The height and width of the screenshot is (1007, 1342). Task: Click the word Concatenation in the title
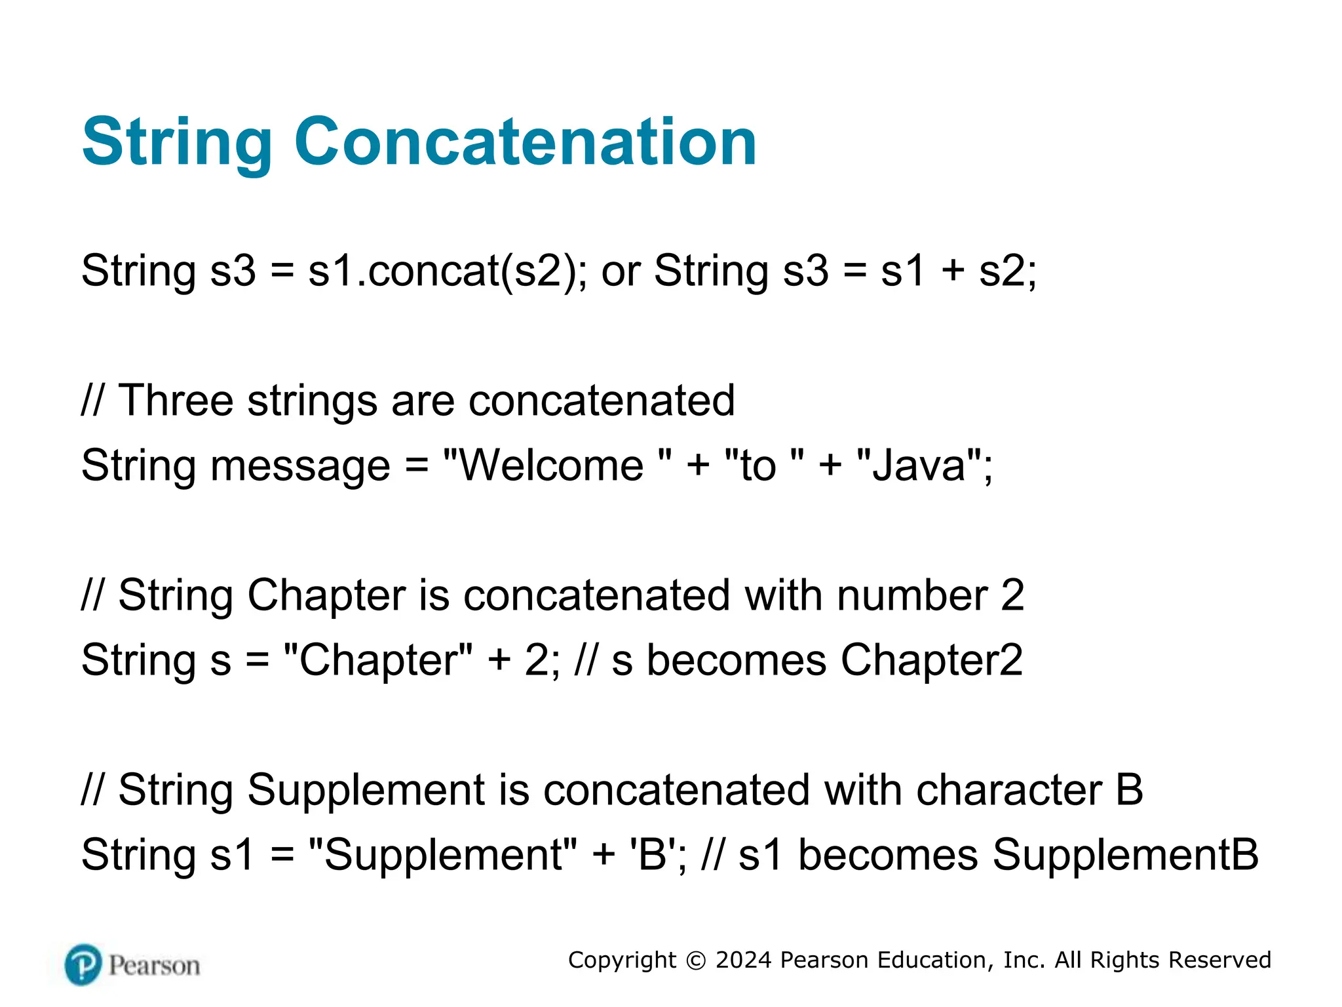click(x=525, y=142)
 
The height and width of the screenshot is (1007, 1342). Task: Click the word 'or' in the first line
click(x=621, y=271)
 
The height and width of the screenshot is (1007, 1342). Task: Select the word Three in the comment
click(x=176, y=400)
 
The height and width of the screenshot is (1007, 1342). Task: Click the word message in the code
click(x=300, y=467)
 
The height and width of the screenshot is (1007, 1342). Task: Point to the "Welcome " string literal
click(x=558, y=465)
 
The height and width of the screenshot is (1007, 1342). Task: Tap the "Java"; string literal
click(x=925, y=465)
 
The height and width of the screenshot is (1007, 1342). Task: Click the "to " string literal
click(x=764, y=465)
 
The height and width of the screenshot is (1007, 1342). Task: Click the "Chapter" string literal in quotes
click(x=378, y=660)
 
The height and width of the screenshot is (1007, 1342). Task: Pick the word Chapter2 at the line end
click(x=931, y=660)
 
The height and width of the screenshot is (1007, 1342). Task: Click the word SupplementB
click(x=1125, y=854)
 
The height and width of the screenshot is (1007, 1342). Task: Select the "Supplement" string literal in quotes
click(x=442, y=854)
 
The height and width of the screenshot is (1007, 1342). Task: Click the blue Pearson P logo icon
click(x=84, y=965)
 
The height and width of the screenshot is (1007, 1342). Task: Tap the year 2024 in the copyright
click(x=744, y=960)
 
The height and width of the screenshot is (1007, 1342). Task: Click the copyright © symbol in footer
click(x=696, y=960)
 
